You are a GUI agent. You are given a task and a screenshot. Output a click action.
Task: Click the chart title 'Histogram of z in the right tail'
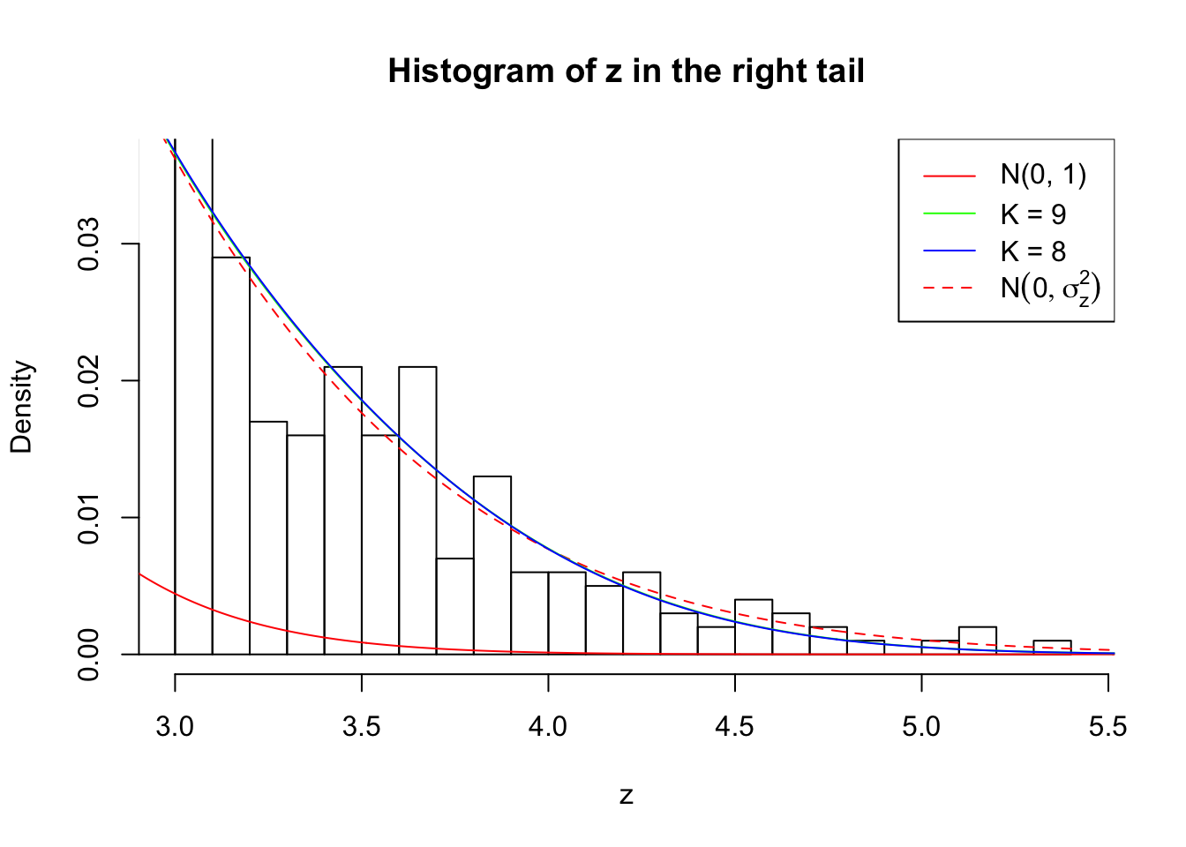(626, 71)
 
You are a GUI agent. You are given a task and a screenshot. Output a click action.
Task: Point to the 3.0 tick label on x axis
(175, 727)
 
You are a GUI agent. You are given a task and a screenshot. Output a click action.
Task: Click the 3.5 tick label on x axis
(361, 727)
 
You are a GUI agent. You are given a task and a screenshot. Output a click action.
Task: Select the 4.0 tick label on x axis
(548, 727)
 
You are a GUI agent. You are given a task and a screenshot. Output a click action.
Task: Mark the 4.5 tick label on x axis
(734, 727)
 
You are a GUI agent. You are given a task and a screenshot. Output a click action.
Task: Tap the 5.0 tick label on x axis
(921, 727)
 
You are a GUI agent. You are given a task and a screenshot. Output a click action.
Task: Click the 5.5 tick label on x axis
(1107, 727)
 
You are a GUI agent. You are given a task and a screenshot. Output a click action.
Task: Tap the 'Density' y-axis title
(21, 406)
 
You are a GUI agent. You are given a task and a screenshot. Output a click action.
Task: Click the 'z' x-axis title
(626, 796)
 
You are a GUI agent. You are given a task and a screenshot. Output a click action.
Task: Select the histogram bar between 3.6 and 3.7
(417, 512)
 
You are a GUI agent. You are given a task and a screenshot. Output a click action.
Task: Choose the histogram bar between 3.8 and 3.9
(492, 565)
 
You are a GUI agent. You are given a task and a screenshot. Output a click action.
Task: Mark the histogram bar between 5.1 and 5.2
(978, 641)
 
